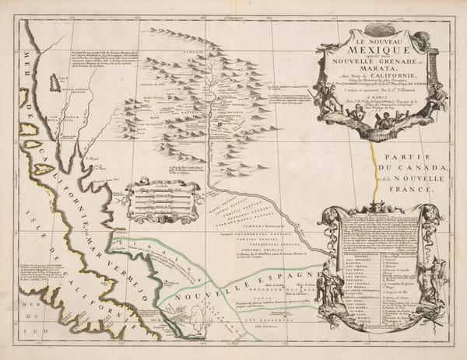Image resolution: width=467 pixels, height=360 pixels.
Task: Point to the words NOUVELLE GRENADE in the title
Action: pyautogui.click(x=366, y=58)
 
